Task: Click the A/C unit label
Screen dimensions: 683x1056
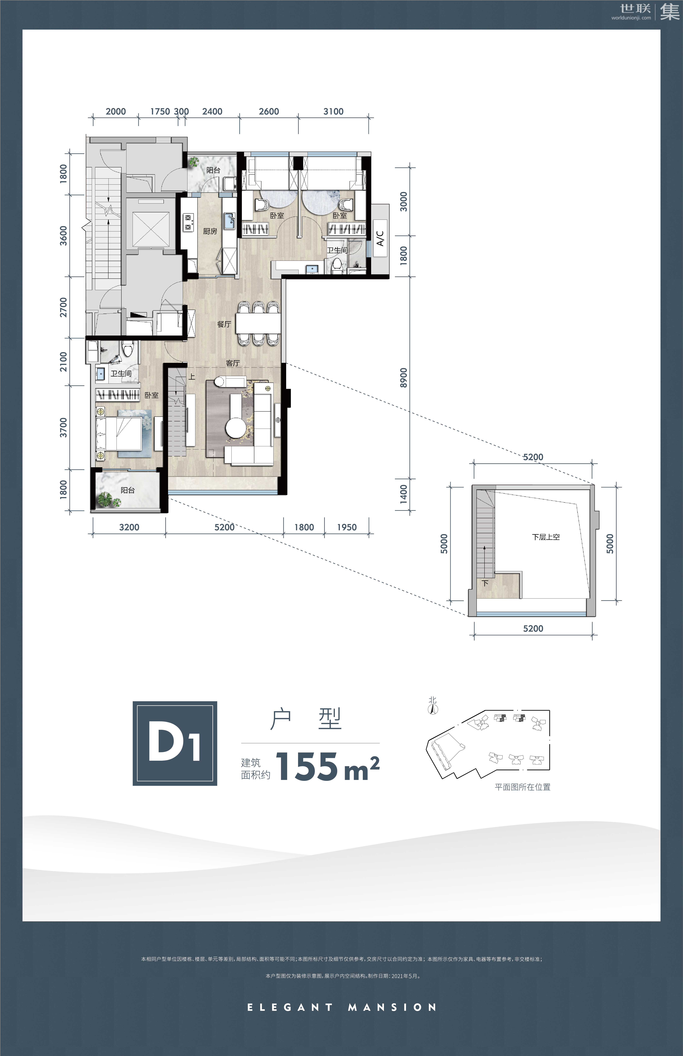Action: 380,238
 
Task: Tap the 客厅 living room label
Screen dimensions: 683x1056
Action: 233,363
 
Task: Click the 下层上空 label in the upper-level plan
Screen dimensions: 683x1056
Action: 546,537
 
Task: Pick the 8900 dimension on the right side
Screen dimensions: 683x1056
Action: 403,378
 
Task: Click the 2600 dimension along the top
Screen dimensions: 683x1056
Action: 269,111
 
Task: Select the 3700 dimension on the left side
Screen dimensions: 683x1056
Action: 63,427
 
